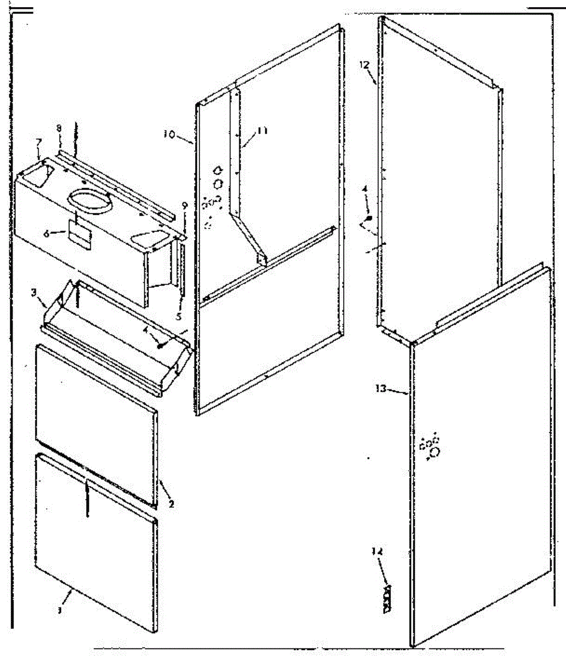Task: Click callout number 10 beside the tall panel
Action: (169, 133)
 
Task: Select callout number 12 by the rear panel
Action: (364, 65)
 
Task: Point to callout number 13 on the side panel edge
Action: (381, 389)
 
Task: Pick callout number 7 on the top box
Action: (38, 143)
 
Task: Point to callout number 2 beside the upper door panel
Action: (171, 503)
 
